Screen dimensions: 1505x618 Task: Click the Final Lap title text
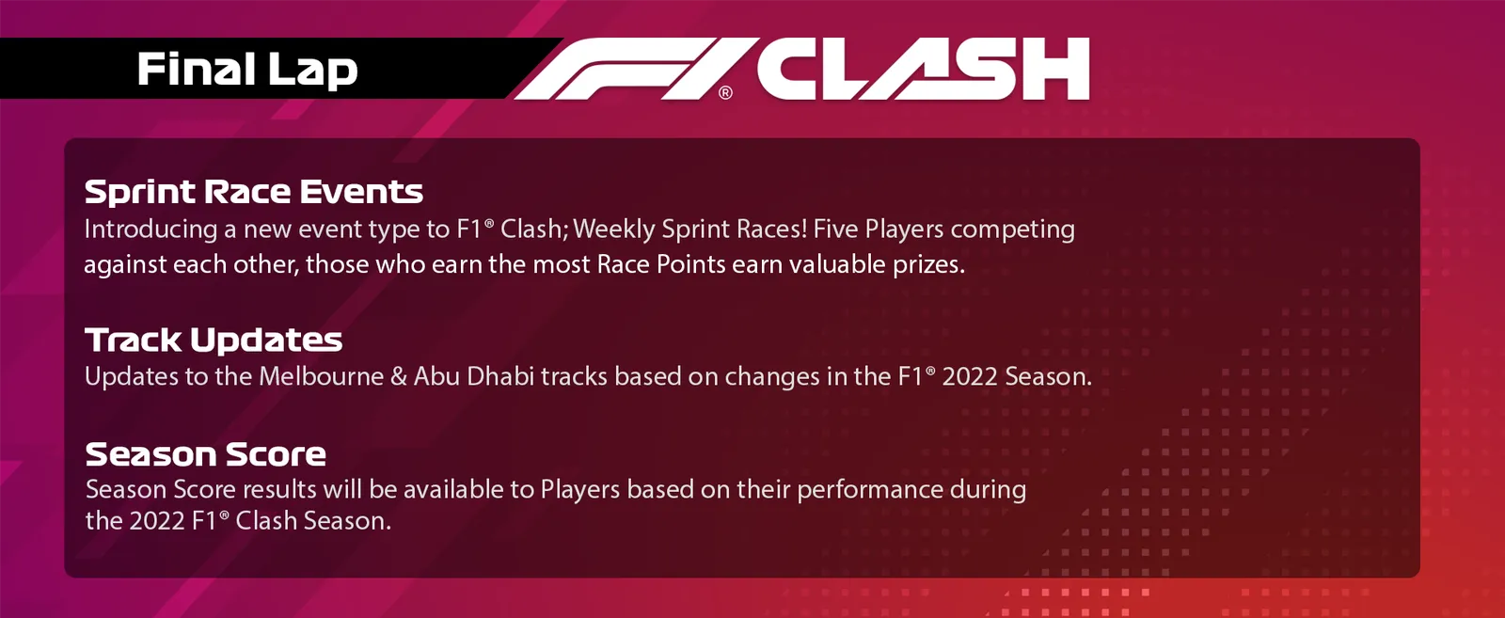tap(247, 70)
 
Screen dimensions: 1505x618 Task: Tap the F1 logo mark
tap(631, 69)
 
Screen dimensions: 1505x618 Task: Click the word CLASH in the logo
tap(924, 69)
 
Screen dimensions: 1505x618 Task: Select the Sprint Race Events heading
tap(254, 192)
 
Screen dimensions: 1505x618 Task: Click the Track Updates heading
tap(214, 340)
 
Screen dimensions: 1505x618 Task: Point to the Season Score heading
tap(206, 454)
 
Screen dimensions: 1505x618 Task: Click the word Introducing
tap(150, 230)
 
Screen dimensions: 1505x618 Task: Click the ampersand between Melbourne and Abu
tap(399, 377)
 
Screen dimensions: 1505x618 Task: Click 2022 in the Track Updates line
tap(970, 377)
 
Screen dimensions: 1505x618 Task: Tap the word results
tap(278, 490)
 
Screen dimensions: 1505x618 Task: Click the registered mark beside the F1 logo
tap(725, 93)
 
